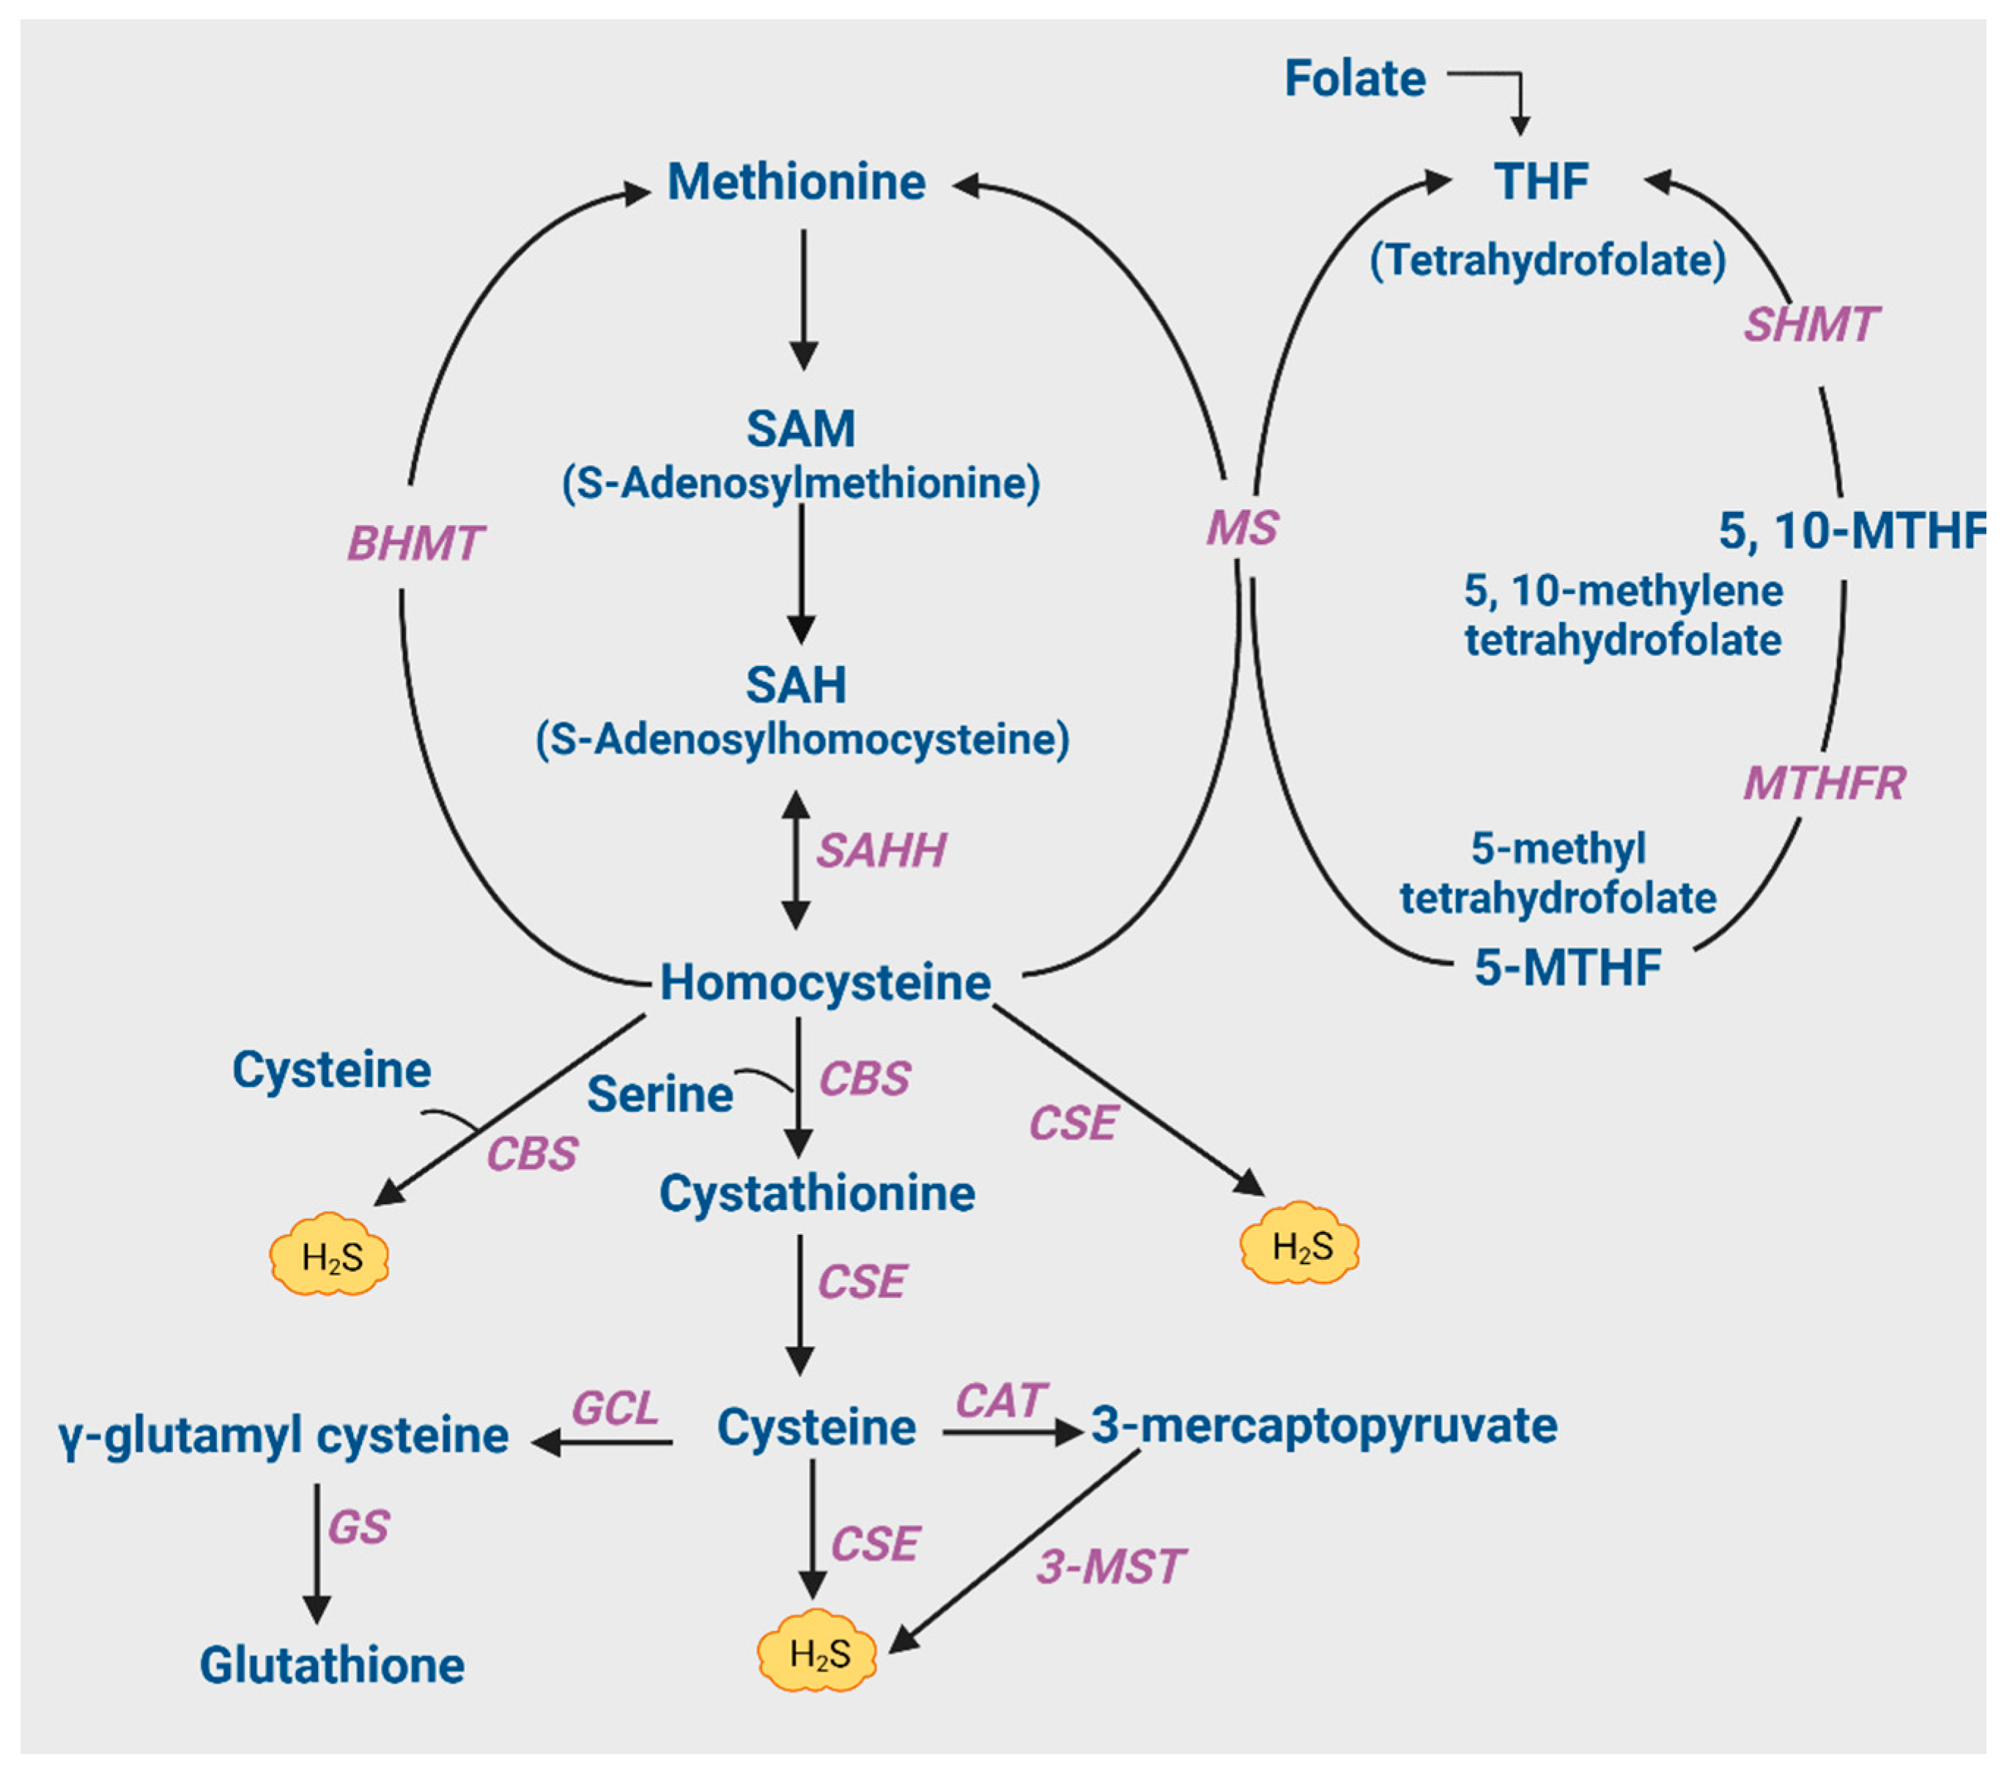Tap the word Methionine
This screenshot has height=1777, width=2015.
tap(796, 182)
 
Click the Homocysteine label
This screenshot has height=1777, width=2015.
tap(824, 982)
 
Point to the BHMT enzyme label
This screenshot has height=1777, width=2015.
tap(415, 543)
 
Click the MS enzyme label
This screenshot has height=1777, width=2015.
tap(1241, 527)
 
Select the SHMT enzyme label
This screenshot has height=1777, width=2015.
tap(1810, 324)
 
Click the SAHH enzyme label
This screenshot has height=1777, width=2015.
tap(880, 850)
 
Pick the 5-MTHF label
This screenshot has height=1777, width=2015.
tap(1567, 967)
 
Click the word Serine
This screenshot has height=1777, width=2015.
tap(659, 1094)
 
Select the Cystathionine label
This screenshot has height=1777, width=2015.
tap(816, 1193)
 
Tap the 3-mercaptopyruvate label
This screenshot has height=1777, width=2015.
tap(1323, 1425)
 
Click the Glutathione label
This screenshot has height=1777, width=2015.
tap(332, 1666)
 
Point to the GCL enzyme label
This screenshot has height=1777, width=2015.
tap(615, 1407)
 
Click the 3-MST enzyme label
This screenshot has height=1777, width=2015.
tap(1110, 1567)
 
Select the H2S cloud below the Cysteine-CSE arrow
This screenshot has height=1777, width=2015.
tap(817, 1654)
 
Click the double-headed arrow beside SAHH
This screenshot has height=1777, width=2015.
tap(796, 859)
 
